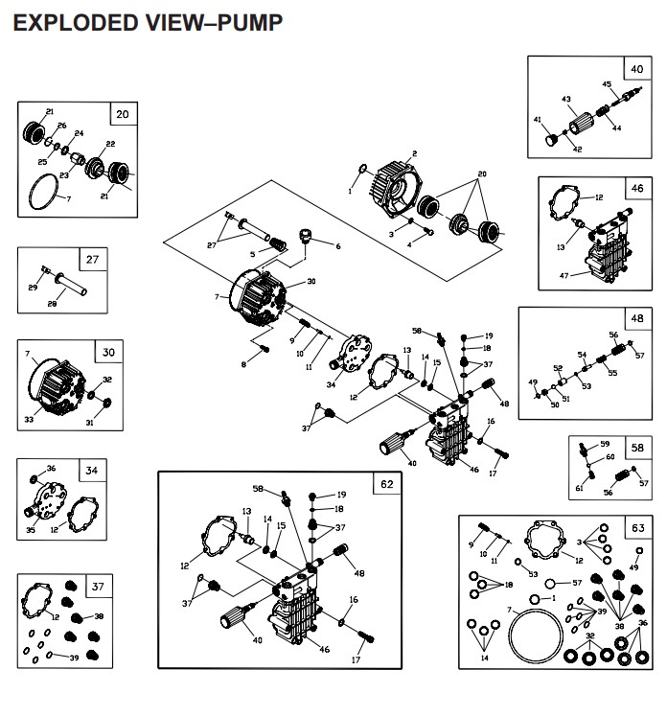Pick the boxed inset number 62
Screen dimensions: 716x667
(386, 484)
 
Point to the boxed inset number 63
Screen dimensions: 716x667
(637, 527)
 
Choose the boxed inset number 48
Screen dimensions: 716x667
(636, 319)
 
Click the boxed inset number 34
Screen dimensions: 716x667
(118, 471)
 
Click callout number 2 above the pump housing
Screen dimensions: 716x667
(414, 153)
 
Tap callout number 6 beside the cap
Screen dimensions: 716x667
(337, 246)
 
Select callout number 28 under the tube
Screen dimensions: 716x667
(53, 303)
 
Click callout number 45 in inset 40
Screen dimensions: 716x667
(607, 84)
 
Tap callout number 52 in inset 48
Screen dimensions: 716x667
(557, 368)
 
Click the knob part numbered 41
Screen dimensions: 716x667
(552, 141)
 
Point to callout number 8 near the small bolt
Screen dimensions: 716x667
(243, 364)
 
